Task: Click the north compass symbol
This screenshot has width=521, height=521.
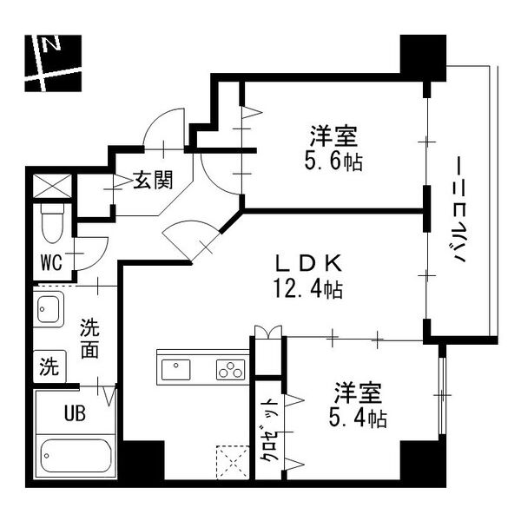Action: coord(52,63)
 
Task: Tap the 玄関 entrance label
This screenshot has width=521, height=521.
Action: coord(152,181)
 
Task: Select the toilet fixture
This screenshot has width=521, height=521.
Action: coord(53,221)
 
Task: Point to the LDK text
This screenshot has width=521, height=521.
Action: coord(307,263)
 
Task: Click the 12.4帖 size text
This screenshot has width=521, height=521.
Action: coord(307,289)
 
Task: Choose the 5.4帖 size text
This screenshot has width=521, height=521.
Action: coord(358,419)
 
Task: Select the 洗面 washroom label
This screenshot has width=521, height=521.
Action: coord(90,339)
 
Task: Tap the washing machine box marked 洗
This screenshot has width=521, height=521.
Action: coord(49,366)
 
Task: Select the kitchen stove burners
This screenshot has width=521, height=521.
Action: coord(231,370)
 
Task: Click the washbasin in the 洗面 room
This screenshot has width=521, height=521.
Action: coord(49,310)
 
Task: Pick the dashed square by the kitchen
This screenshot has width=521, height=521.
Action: coord(232,460)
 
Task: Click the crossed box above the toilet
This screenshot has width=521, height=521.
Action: coord(49,186)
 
